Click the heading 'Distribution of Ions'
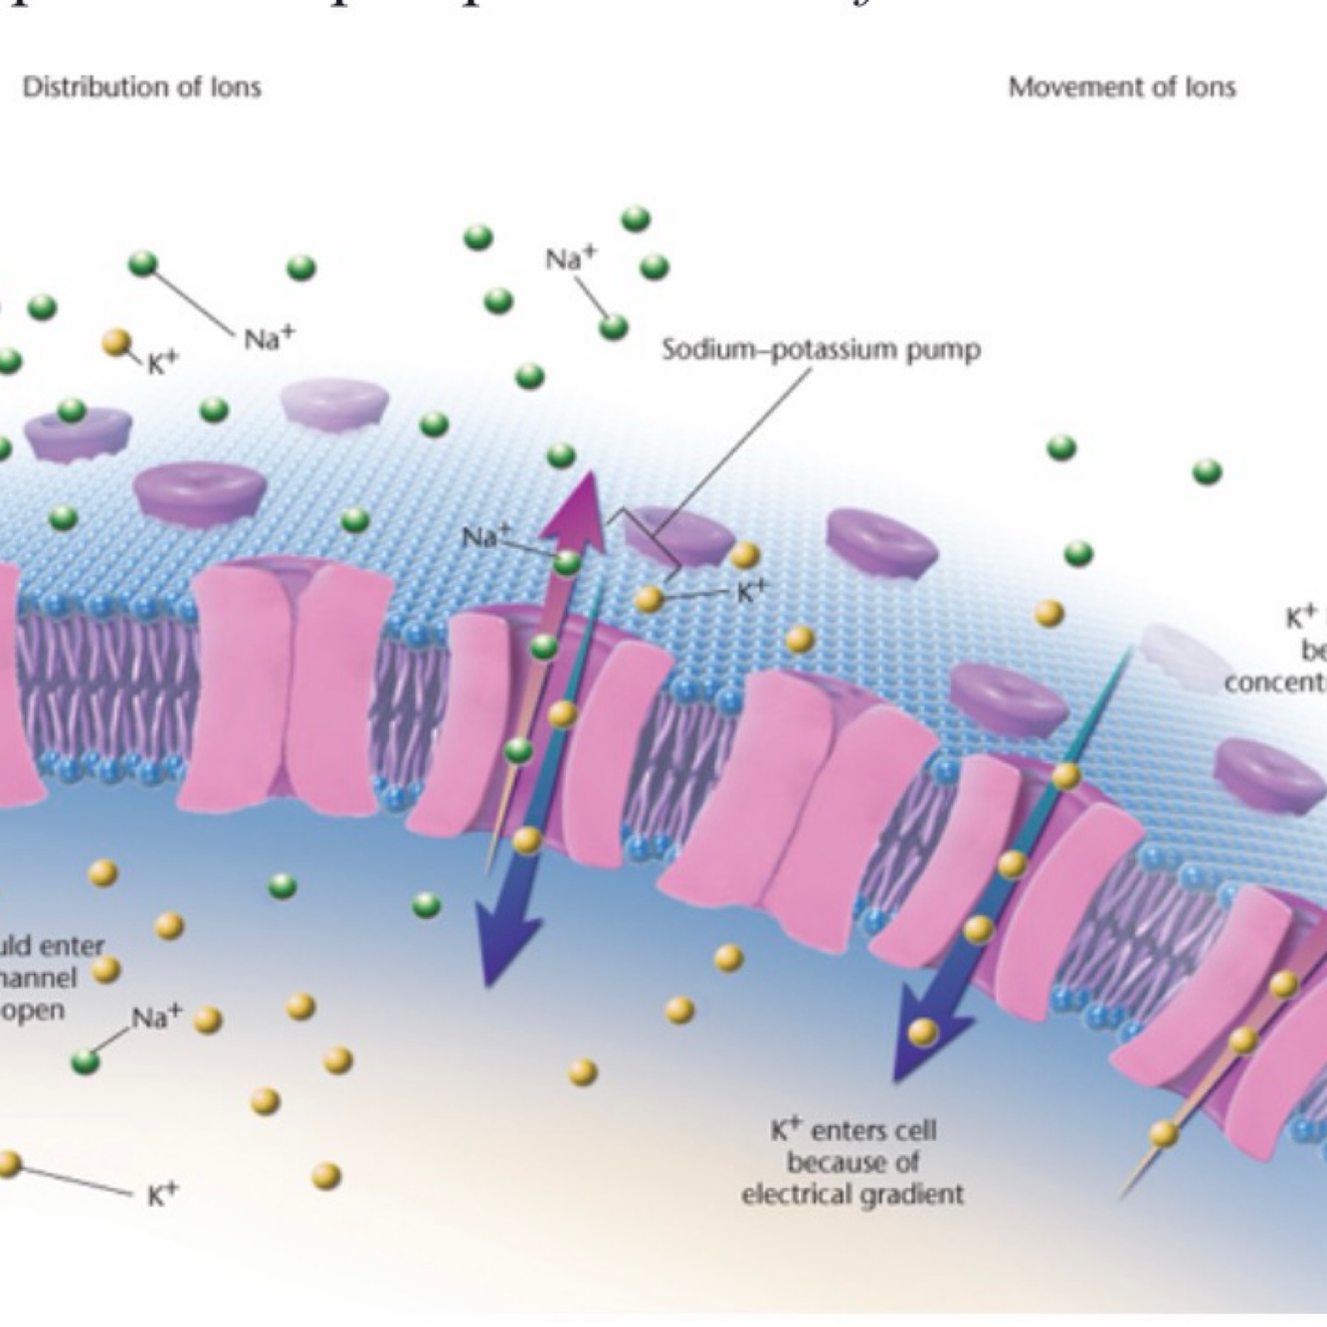pyautogui.click(x=141, y=88)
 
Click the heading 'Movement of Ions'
pyautogui.click(x=1121, y=88)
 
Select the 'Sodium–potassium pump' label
pyautogui.click(x=821, y=350)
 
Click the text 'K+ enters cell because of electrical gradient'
pyautogui.click(x=853, y=1161)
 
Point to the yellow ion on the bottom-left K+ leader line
pyautogui.click(x=8, y=1163)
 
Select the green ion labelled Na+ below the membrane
pyautogui.click(x=87, y=1061)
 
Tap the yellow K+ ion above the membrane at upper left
pyautogui.click(x=117, y=343)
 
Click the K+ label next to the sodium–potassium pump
pyautogui.click(x=752, y=590)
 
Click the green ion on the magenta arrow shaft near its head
pyautogui.click(x=566, y=563)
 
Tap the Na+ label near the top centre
pyautogui.click(x=571, y=259)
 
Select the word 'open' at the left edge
pyautogui.click(x=34, y=1010)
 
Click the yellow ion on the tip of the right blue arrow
pyautogui.click(x=922, y=1032)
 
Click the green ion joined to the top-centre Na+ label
pyautogui.click(x=613, y=325)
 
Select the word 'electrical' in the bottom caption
pyautogui.click(x=796, y=1193)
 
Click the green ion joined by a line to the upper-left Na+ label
pyautogui.click(x=143, y=264)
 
